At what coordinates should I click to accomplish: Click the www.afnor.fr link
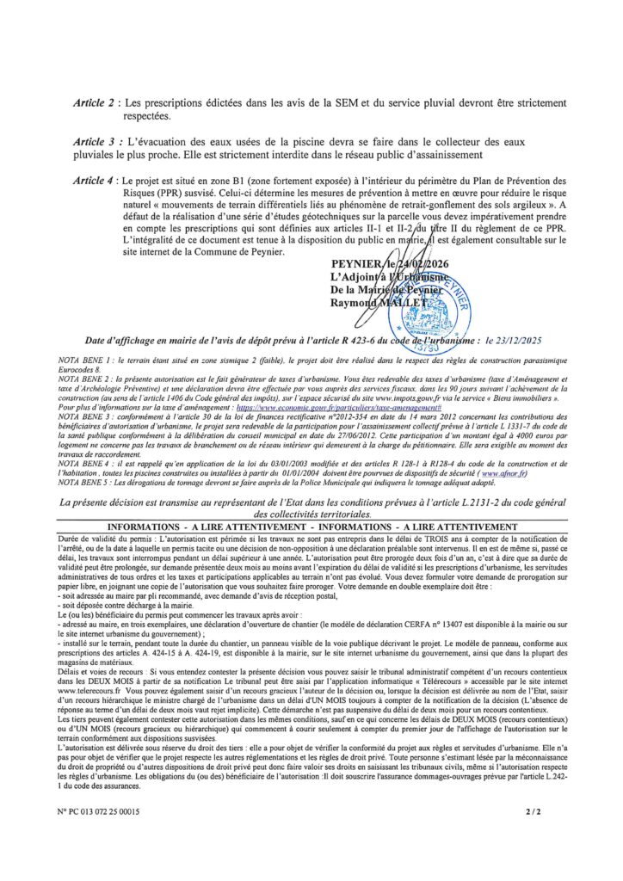click(x=504, y=475)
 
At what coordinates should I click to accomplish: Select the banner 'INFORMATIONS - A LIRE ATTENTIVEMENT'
click(x=311, y=524)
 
